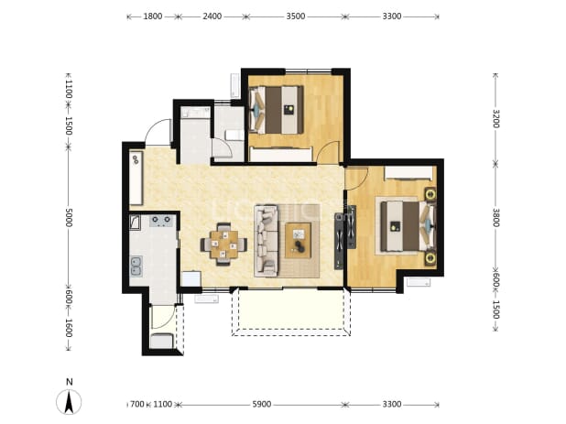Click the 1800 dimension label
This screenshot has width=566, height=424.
click(153, 16)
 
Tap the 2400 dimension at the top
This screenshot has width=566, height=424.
click(212, 16)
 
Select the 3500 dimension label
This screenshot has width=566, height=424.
click(296, 16)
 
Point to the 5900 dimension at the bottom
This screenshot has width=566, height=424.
click(262, 404)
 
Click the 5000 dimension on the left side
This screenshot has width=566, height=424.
click(69, 218)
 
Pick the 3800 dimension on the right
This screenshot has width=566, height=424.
click(495, 218)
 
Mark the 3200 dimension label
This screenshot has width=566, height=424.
click(495, 118)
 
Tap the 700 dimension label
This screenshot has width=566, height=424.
click(136, 404)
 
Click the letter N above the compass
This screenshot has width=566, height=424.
click(70, 382)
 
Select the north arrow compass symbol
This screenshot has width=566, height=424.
click(69, 402)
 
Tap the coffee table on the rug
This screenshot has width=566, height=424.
click(299, 240)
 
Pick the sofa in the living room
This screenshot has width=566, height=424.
click(266, 241)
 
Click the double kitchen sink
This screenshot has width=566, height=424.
click(136, 266)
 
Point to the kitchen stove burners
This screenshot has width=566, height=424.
click(161, 220)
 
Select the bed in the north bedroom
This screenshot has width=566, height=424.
click(277, 110)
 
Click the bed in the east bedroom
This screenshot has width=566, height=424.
click(408, 226)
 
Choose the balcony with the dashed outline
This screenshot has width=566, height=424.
click(291, 311)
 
